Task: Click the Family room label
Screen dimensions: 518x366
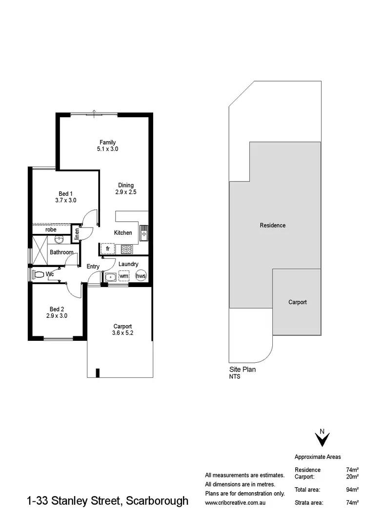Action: click(x=107, y=145)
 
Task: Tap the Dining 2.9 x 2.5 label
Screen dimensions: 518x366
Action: click(x=126, y=188)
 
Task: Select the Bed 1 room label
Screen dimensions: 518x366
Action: click(x=65, y=197)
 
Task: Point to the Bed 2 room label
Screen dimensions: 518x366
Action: click(x=57, y=312)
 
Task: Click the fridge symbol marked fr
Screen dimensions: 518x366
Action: click(x=107, y=249)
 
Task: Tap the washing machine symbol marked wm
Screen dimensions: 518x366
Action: click(x=124, y=276)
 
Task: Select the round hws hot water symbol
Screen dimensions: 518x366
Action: click(x=141, y=276)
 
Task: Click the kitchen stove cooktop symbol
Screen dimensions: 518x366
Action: click(x=126, y=249)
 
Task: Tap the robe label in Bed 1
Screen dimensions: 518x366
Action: click(x=51, y=229)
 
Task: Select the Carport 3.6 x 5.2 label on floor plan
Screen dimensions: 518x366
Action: click(x=122, y=330)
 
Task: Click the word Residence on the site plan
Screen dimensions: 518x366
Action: click(x=272, y=226)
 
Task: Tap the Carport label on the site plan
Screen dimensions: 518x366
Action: click(x=297, y=302)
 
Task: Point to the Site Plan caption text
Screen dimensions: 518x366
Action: click(x=243, y=370)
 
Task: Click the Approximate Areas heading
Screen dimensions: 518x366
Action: click(x=318, y=457)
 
